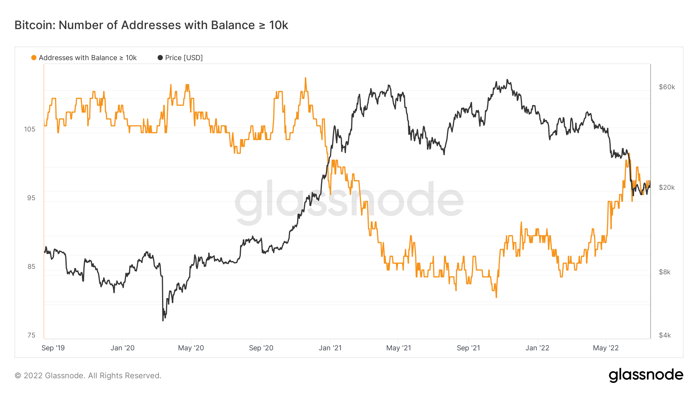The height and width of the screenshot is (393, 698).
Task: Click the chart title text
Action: click(151, 25)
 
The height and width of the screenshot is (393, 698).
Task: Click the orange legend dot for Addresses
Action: click(34, 58)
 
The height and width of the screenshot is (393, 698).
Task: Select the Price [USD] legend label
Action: click(183, 58)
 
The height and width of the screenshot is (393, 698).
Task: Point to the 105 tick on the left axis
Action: click(29, 129)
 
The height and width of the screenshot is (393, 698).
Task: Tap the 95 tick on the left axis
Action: click(31, 198)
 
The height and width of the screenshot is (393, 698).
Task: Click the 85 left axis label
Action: click(31, 267)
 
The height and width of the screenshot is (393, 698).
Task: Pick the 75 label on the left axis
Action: click(31, 335)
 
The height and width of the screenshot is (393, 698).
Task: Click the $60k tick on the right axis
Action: click(667, 87)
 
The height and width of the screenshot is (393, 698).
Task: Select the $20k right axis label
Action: click(667, 187)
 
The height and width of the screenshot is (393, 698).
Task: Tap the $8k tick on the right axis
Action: click(665, 272)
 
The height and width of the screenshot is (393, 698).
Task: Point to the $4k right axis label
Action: click(665, 335)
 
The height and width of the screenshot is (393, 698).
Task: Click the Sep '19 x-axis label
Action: click(53, 348)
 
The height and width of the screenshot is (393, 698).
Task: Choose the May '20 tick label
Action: click(191, 348)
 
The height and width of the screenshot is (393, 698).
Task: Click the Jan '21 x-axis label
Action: click(330, 348)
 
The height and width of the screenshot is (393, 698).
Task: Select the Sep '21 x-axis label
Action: click(468, 348)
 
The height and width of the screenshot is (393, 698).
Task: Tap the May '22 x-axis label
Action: click(606, 348)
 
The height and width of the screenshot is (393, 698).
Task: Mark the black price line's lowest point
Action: click(163, 320)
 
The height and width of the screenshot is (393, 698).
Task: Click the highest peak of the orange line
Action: click(306, 78)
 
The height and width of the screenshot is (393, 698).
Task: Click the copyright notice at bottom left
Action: click(88, 376)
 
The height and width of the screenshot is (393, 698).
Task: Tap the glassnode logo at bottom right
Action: click(646, 375)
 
